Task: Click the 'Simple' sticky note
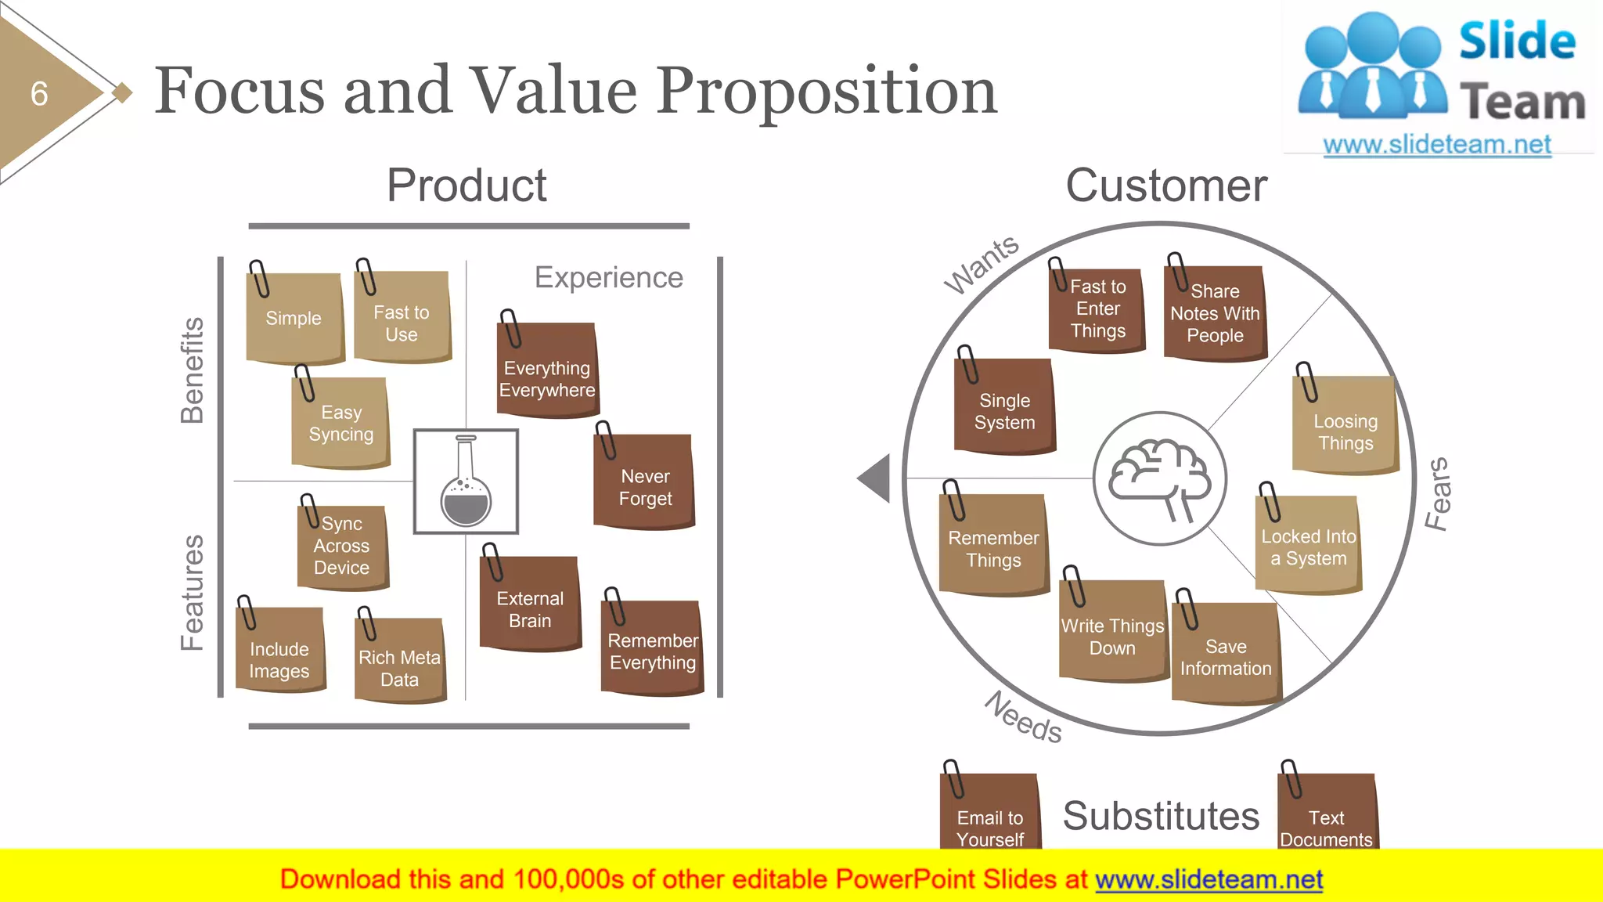pos(294,318)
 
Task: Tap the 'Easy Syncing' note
pos(340,424)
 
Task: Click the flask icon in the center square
pos(466,482)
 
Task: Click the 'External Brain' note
pos(530,604)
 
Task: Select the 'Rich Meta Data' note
pos(400,662)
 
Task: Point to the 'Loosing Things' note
pos(1345,426)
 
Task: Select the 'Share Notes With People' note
pos(1215,314)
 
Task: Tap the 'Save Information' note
pos(1226,655)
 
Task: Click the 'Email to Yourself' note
pos(990,814)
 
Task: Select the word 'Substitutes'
pos(1161,816)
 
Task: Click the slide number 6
pos(39,94)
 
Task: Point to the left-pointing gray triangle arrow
pos(877,478)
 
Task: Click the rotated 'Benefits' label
pos(192,370)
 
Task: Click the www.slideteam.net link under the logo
pos(1436,145)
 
